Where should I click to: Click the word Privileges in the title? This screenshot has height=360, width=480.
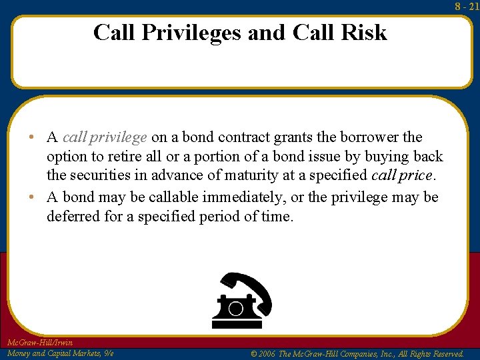(189, 32)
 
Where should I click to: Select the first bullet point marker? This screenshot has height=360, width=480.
(33, 138)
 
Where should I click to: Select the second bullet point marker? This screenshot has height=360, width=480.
(33, 197)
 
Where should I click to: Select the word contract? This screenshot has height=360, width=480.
(251, 137)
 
